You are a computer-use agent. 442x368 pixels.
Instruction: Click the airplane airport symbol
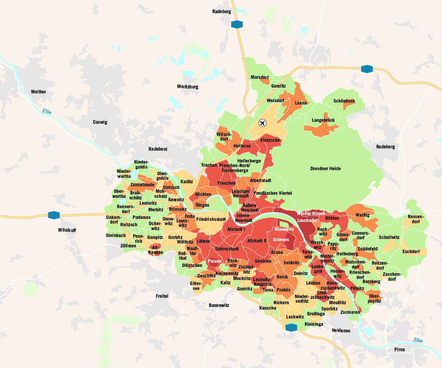pyautogui.click(x=262, y=123)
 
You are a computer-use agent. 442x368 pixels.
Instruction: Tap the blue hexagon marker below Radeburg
pyautogui.click(x=237, y=24)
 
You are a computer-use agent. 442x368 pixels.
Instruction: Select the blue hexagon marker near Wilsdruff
pyautogui.click(x=54, y=215)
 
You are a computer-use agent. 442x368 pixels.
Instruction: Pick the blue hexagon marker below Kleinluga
pyautogui.click(x=291, y=327)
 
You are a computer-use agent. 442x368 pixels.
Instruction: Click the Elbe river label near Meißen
pyautogui.click(x=47, y=112)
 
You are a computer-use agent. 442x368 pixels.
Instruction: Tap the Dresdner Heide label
pyautogui.click(x=325, y=169)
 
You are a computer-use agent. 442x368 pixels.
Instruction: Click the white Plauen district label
pyautogui.click(x=214, y=261)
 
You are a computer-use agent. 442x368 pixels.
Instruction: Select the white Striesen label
pyautogui.click(x=280, y=239)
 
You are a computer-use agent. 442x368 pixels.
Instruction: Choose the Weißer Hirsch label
pyautogui.click(x=311, y=214)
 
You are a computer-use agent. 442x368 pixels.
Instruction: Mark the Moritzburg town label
pyautogui.click(x=187, y=87)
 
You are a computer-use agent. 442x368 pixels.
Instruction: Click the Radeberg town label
pyautogui.click(x=386, y=147)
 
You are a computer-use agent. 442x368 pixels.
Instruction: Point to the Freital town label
pyautogui.click(x=162, y=296)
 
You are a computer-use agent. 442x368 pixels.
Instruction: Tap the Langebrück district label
pyautogui.click(x=323, y=120)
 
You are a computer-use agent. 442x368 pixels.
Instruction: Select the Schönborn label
pyautogui.click(x=344, y=101)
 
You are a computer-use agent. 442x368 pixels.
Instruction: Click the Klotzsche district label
pyautogui.click(x=270, y=140)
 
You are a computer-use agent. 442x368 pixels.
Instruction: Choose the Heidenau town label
pyautogui.click(x=341, y=330)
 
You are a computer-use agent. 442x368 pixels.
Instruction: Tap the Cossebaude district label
pyautogui.click(x=142, y=184)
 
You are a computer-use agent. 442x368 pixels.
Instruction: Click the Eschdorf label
pyautogui.click(x=411, y=252)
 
